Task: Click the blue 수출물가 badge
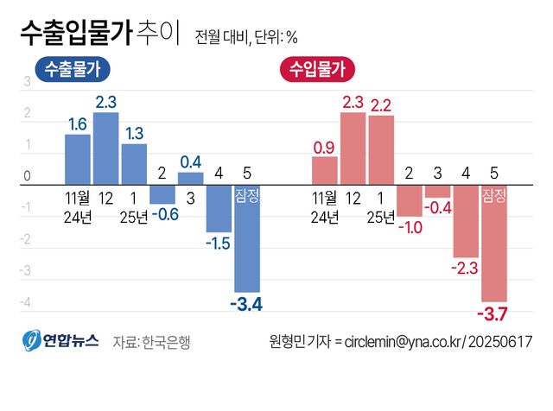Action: (72, 68)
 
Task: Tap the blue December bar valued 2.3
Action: (105, 149)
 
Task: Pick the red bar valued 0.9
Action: (324, 170)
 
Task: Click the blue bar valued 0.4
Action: (191, 179)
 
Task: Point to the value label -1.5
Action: (218, 244)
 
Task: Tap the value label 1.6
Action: (78, 124)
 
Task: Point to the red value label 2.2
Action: (381, 105)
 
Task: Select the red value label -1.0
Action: (410, 227)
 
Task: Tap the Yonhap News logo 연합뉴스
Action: (60, 341)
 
